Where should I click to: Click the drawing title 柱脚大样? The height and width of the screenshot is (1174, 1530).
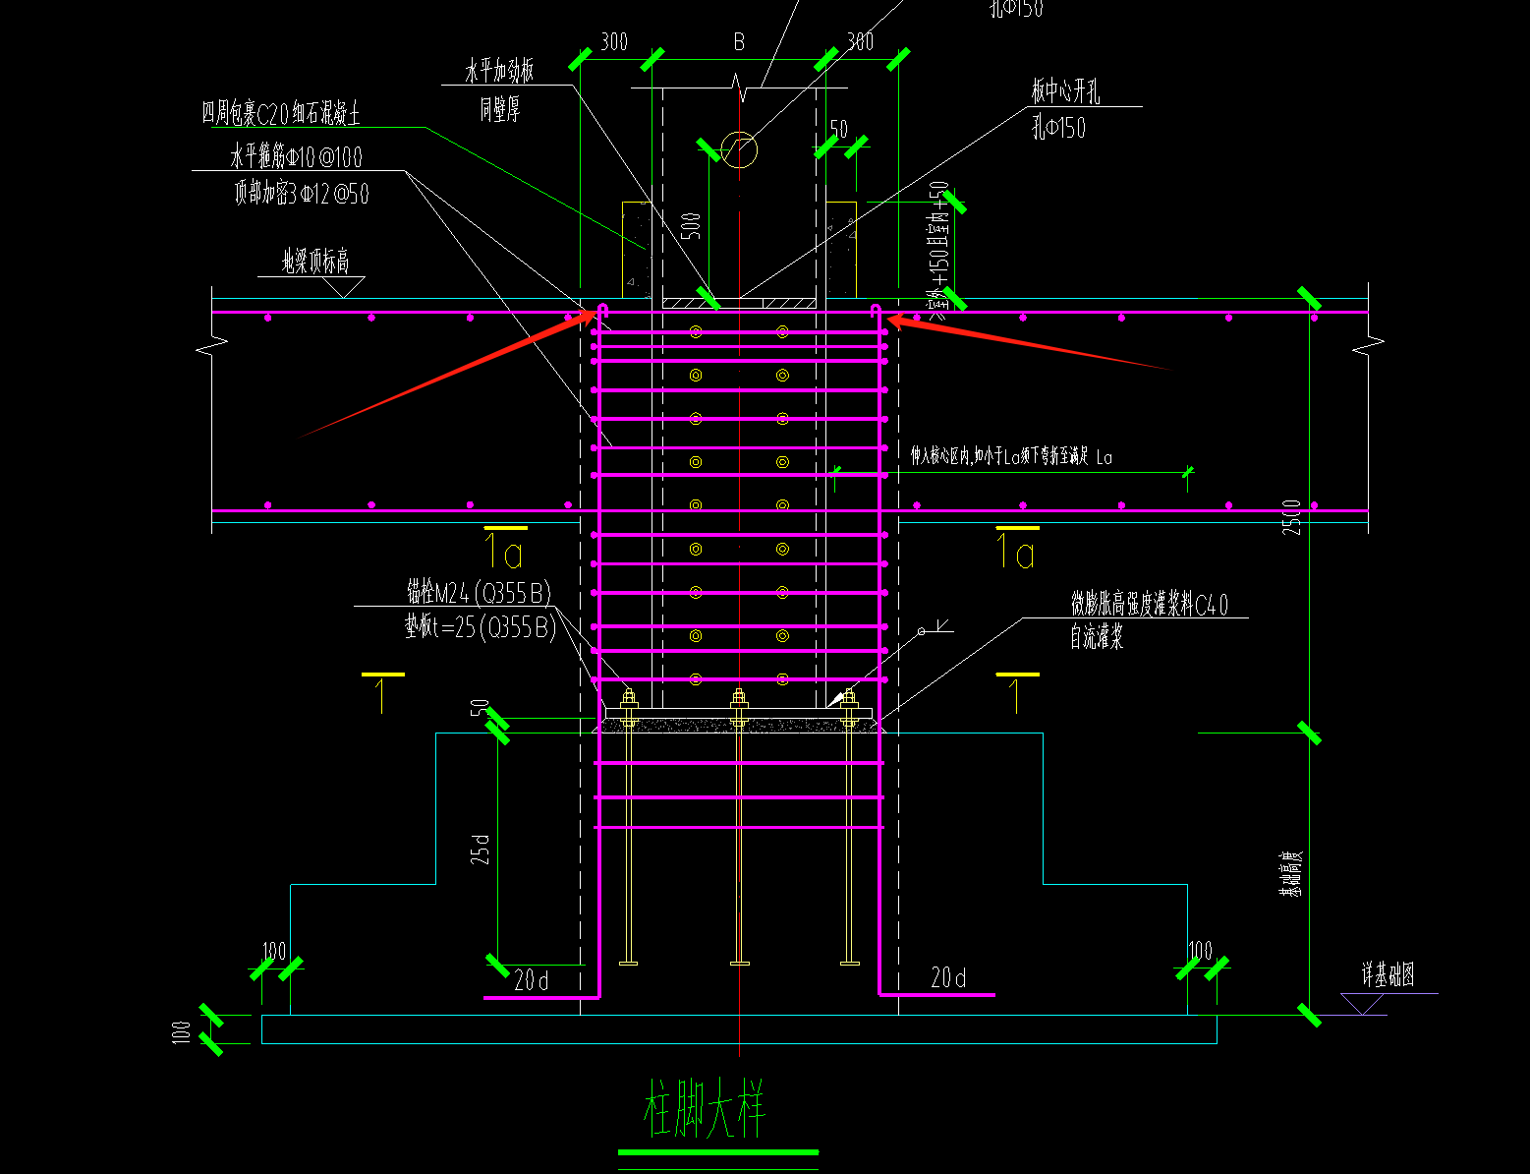705,1109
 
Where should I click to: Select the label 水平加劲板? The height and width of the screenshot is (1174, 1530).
499,72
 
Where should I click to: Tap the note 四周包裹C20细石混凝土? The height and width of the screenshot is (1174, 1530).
281,114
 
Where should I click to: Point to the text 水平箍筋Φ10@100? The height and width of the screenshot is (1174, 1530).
296,157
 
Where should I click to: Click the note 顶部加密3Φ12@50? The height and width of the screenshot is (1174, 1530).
301,193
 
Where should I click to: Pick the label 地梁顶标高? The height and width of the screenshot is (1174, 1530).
315,262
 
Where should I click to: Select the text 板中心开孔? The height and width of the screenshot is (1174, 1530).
1065,92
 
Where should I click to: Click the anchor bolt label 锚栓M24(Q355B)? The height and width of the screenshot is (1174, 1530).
479,592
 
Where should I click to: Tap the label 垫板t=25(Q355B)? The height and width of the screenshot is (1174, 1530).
480,627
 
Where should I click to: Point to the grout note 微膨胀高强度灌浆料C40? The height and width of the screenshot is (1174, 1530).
1149,604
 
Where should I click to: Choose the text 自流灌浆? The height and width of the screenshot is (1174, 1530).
1097,638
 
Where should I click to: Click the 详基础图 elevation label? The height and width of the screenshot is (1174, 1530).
1388,975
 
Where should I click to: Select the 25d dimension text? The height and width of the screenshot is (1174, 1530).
481,849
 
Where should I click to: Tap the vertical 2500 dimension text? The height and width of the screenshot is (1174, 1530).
1292,517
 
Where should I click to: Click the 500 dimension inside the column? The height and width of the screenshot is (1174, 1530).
692,225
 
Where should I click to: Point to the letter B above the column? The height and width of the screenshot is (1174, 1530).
739,42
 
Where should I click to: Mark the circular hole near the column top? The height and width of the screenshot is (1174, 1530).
739,150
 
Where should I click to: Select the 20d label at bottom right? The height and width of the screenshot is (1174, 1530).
948,977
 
